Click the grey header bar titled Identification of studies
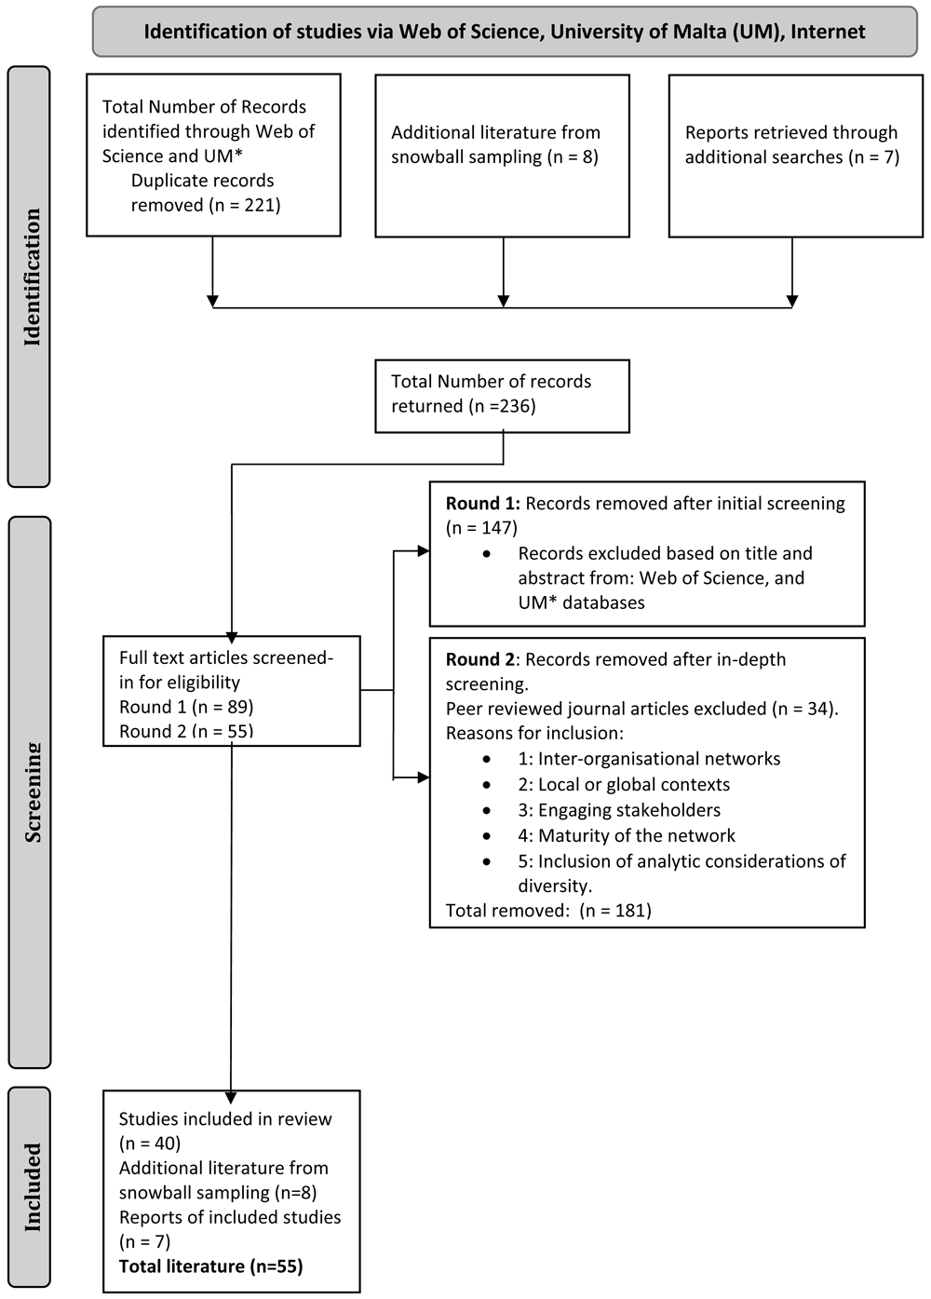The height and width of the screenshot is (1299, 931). pyautogui.click(x=505, y=32)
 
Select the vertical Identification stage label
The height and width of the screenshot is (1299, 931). pyautogui.click(x=32, y=277)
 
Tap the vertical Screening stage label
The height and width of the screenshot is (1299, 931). pyautogui.click(x=33, y=792)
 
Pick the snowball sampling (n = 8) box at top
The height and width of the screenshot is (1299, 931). pyautogui.click(x=502, y=156)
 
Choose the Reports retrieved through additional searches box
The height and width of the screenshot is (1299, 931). pyautogui.click(x=796, y=156)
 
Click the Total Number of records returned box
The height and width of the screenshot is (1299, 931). pyautogui.click(x=502, y=396)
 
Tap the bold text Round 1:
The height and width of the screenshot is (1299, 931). pyautogui.click(x=483, y=504)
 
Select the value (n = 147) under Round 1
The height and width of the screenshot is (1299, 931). pyautogui.click(x=481, y=528)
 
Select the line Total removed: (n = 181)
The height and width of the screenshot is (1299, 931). pyautogui.click(x=548, y=910)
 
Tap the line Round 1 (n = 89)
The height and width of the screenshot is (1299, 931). pyautogui.click(x=186, y=707)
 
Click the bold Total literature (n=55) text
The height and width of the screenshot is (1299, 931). pyautogui.click(x=211, y=1266)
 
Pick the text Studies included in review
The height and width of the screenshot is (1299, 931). pyautogui.click(x=225, y=1118)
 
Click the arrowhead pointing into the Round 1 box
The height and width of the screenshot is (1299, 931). pyautogui.click(x=424, y=551)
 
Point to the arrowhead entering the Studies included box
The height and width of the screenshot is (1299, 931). pyautogui.click(x=231, y=1097)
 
